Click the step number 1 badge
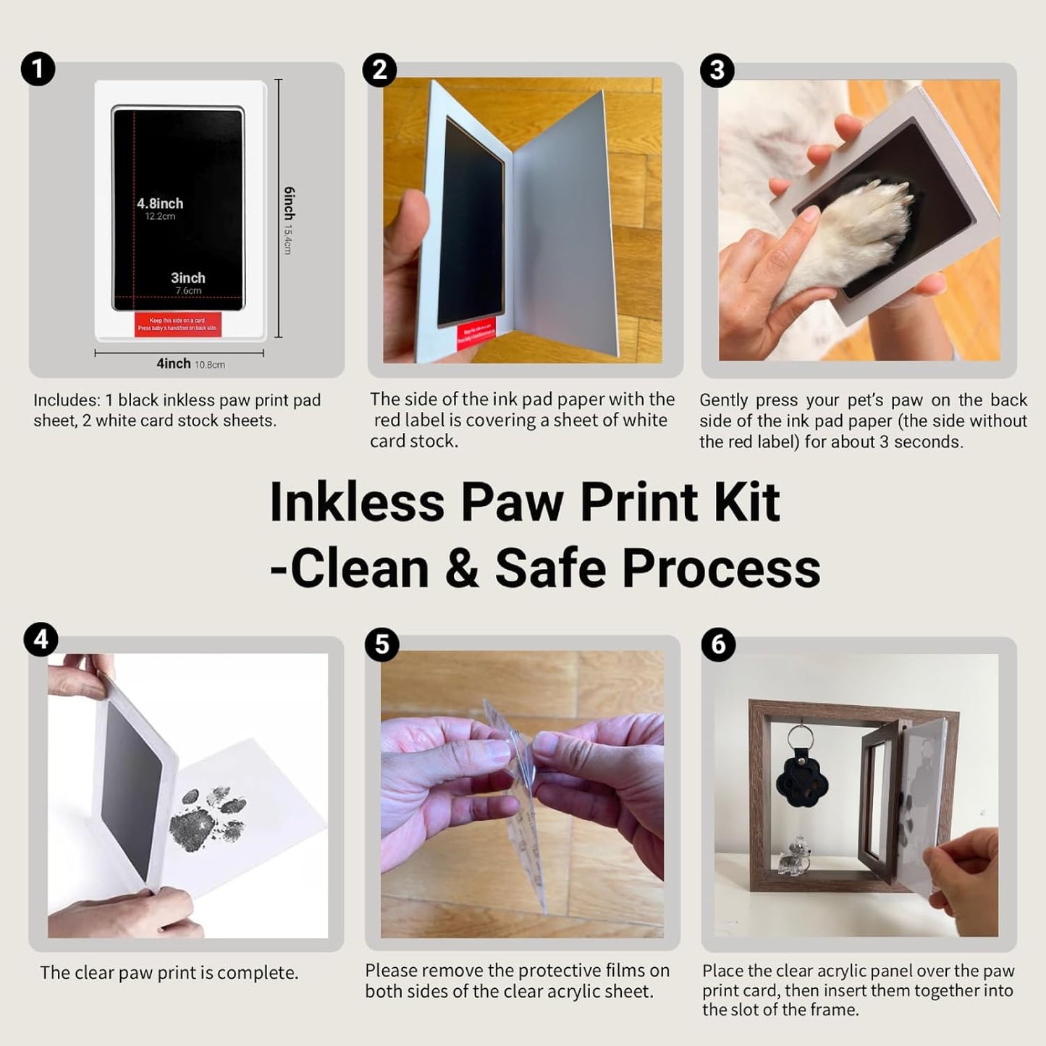click(38, 69)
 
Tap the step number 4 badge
click(41, 640)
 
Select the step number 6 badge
click(718, 644)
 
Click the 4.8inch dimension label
click(160, 204)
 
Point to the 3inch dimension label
click(188, 278)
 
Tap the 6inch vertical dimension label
click(289, 203)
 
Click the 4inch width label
click(174, 363)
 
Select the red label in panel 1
click(178, 324)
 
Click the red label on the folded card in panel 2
click(476, 333)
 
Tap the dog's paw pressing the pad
click(854, 232)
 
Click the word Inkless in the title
click(356, 502)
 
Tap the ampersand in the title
click(461, 568)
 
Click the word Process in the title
click(721, 568)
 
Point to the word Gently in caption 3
click(723, 400)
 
